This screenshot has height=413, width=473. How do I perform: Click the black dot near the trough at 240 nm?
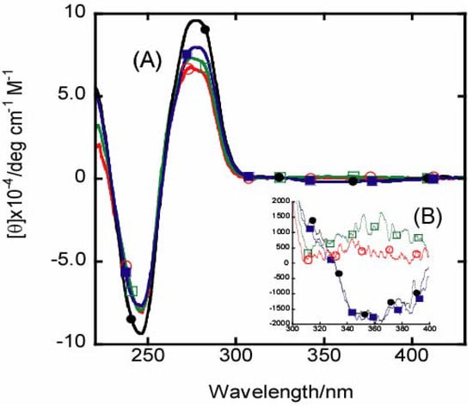click(131, 318)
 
